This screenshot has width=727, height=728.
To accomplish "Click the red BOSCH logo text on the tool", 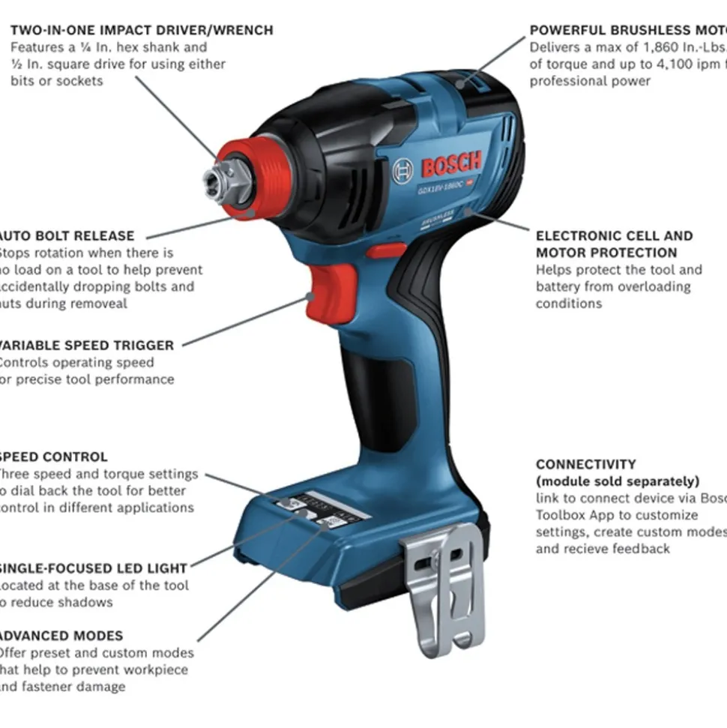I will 451,164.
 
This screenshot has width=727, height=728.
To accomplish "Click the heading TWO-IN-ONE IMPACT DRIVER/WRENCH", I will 142,30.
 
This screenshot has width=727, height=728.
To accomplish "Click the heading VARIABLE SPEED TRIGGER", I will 86,346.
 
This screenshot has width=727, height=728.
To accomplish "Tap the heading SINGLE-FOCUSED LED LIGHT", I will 93,568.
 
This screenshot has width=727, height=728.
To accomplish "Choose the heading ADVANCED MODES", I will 61,636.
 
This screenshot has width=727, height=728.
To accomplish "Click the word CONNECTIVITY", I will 585,464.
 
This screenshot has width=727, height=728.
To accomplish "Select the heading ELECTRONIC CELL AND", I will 614,235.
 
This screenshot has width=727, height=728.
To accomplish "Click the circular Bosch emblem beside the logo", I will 402,172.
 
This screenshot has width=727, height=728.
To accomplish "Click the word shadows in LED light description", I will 88,602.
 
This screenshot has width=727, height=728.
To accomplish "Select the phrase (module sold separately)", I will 617,481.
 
